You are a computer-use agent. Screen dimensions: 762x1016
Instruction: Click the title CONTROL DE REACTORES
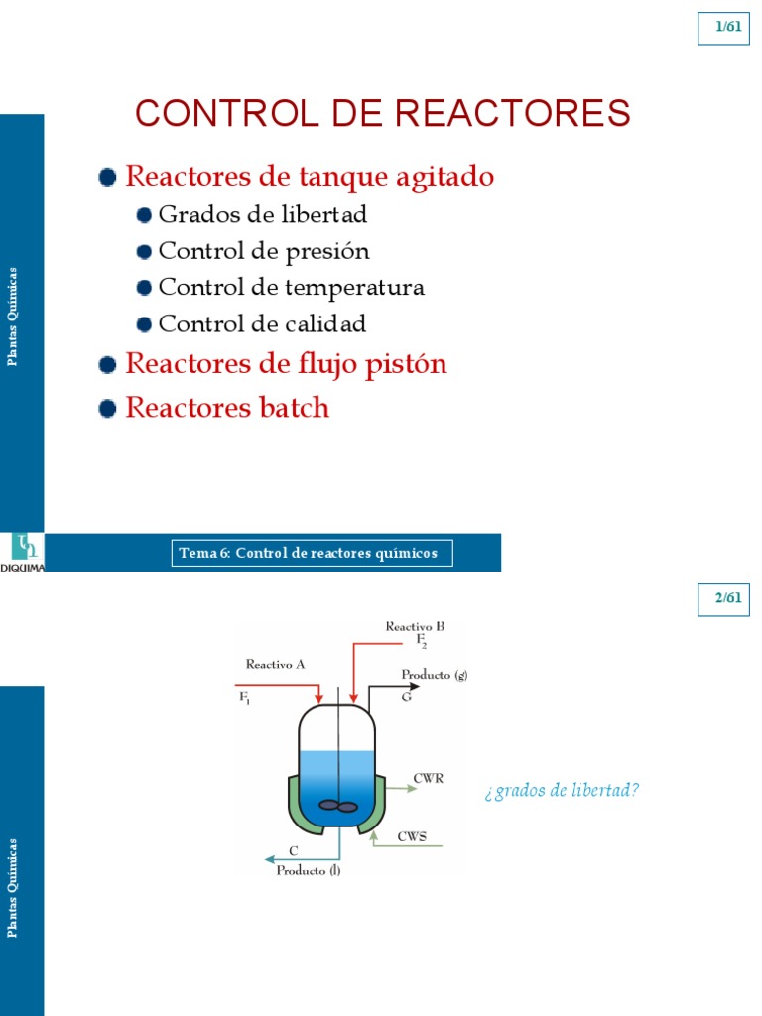click(x=382, y=113)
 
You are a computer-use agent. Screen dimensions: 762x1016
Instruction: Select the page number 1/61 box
click(x=728, y=27)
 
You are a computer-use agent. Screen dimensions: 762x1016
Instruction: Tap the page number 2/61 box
click(x=728, y=598)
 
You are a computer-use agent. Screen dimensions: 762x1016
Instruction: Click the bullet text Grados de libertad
click(x=263, y=214)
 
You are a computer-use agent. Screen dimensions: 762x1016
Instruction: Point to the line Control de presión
click(x=264, y=251)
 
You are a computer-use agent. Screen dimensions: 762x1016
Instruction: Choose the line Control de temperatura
click(x=292, y=288)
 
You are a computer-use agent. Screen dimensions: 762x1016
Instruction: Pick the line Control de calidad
click(x=262, y=324)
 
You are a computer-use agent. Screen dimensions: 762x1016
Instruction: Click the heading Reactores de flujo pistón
click(x=286, y=364)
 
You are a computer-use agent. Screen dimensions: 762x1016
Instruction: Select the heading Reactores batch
click(x=227, y=408)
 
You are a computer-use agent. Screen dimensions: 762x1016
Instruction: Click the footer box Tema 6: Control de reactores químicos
click(x=313, y=553)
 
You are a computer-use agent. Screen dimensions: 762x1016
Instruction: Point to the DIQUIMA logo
click(x=22, y=552)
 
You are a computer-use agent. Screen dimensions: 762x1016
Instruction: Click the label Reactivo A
click(x=275, y=664)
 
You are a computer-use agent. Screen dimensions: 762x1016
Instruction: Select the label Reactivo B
click(x=415, y=626)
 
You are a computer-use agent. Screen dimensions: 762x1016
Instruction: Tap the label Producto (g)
click(x=434, y=676)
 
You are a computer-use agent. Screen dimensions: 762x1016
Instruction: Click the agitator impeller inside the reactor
click(x=339, y=806)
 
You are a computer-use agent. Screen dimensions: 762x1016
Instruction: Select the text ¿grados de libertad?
click(x=562, y=791)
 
